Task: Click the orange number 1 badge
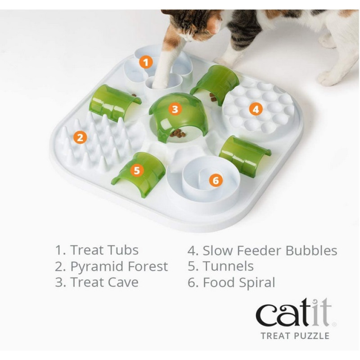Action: tap(146, 62)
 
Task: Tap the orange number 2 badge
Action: tap(80, 138)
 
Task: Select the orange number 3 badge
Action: tap(175, 109)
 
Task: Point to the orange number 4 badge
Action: tap(256, 109)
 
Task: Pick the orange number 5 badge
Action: tap(137, 171)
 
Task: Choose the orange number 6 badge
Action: tap(216, 180)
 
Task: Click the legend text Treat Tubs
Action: tap(104, 250)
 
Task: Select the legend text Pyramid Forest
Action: tap(119, 266)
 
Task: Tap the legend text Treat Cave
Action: tap(104, 282)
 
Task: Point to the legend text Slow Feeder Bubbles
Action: tap(270, 250)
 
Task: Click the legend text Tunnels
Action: tap(228, 266)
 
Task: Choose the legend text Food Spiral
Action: tap(239, 283)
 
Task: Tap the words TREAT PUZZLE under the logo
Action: tap(295, 336)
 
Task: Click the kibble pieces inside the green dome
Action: tap(178, 134)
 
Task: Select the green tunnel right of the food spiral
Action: tap(245, 155)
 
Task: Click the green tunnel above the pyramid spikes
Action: tap(114, 103)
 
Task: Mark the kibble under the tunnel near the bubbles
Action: tap(213, 97)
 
